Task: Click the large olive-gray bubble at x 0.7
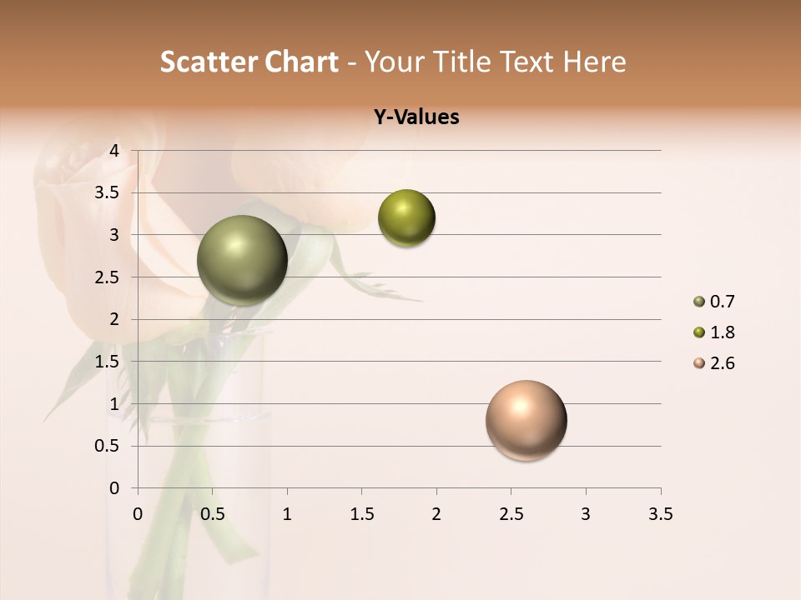pos(242,260)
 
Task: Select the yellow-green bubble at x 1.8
pos(406,217)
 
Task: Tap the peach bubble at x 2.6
pos(526,420)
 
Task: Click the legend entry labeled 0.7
pos(714,302)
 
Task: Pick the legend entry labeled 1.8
pos(714,332)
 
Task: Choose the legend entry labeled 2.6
pos(714,363)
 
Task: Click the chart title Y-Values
pos(416,117)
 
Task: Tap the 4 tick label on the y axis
pos(115,151)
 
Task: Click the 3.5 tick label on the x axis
pos(660,514)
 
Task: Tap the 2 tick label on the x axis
pos(436,514)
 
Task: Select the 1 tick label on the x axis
pos(287,514)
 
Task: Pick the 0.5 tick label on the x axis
pos(213,514)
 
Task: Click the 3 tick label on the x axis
pos(586,514)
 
